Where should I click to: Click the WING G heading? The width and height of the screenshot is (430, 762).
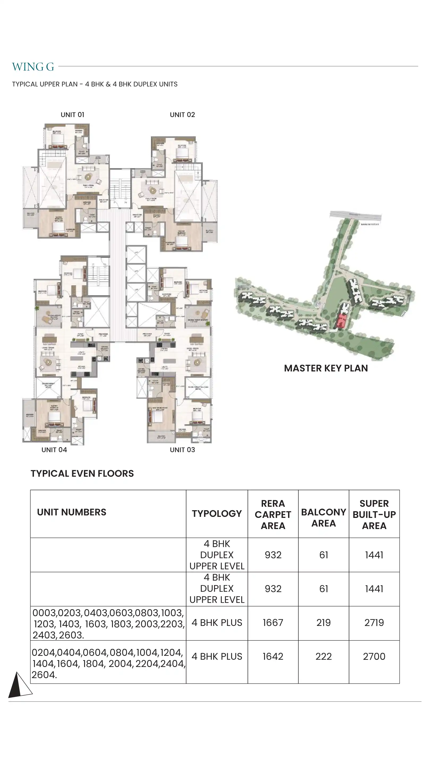click(33, 67)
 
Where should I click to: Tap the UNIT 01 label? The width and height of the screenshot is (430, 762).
click(72, 115)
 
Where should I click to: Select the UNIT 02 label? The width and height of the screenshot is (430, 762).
click(182, 115)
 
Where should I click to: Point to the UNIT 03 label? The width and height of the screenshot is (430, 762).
click(182, 450)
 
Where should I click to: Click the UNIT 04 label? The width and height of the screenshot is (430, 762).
click(54, 450)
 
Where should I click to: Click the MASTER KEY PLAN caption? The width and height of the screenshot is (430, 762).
click(326, 368)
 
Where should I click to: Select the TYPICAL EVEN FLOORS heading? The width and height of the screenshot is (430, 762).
click(82, 474)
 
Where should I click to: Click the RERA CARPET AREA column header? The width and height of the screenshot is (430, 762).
click(273, 514)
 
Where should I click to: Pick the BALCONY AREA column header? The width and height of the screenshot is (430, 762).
click(324, 517)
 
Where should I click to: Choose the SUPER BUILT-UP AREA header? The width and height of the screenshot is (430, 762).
click(374, 514)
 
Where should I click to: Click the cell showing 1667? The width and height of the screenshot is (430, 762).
click(273, 623)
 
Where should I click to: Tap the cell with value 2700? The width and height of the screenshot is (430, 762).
click(374, 656)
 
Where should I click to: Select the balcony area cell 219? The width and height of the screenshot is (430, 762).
click(324, 623)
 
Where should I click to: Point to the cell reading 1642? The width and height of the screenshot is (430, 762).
click(273, 656)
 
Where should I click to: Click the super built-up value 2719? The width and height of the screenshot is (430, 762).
click(374, 623)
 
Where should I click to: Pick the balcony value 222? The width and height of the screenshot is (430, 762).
click(324, 656)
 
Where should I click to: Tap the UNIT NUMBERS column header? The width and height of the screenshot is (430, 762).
click(72, 512)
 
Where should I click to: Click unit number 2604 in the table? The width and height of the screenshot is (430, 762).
click(44, 675)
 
